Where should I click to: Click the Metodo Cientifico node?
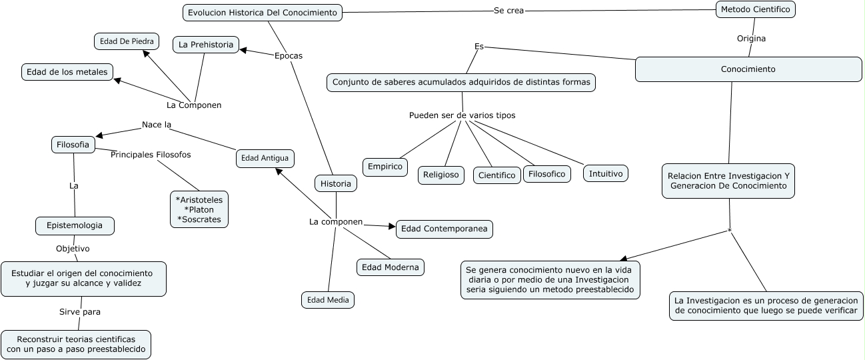[756, 9]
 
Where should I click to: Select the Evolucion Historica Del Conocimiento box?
[263, 13]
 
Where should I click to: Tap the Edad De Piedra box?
[127, 41]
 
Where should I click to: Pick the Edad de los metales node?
[67, 72]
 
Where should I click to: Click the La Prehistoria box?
[206, 45]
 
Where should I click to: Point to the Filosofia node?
[73, 144]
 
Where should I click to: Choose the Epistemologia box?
[75, 226]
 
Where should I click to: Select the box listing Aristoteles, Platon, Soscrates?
[199, 209]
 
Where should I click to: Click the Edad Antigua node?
[265, 158]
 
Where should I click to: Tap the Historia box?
[336, 183]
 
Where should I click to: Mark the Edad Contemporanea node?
[444, 229]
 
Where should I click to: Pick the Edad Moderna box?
[391, 267]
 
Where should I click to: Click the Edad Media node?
[327, 300]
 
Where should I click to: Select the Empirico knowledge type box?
[385, 166]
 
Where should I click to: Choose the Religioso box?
[441, 175]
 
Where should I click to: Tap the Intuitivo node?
[606, 173]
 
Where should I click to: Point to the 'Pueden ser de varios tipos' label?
[462, 115]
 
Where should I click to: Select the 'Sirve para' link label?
[80, 311]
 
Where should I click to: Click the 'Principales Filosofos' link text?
[151, 155]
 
